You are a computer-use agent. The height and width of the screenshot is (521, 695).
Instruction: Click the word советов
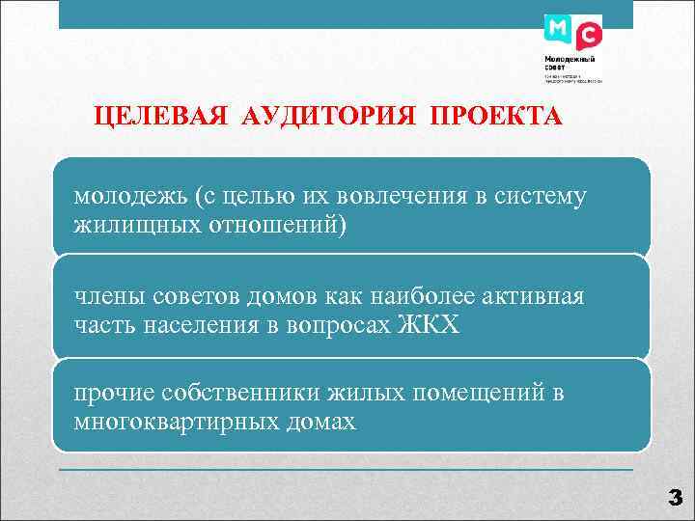pyautogui.click(x=181, y=295)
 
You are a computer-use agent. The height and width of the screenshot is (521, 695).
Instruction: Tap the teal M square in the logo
pyautogui.click(x=557, y=29)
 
